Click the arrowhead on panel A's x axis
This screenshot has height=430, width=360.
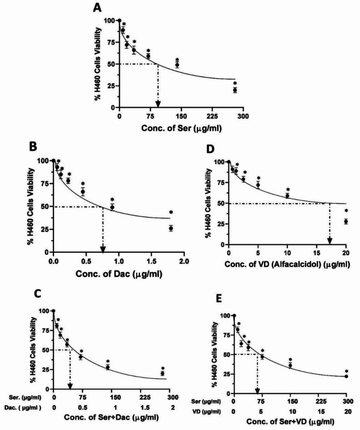pos(158,104)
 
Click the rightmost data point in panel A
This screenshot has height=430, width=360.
pos(235,90)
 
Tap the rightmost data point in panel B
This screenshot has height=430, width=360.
pos(171,228)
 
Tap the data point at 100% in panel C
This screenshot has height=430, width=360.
pos(54,311)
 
